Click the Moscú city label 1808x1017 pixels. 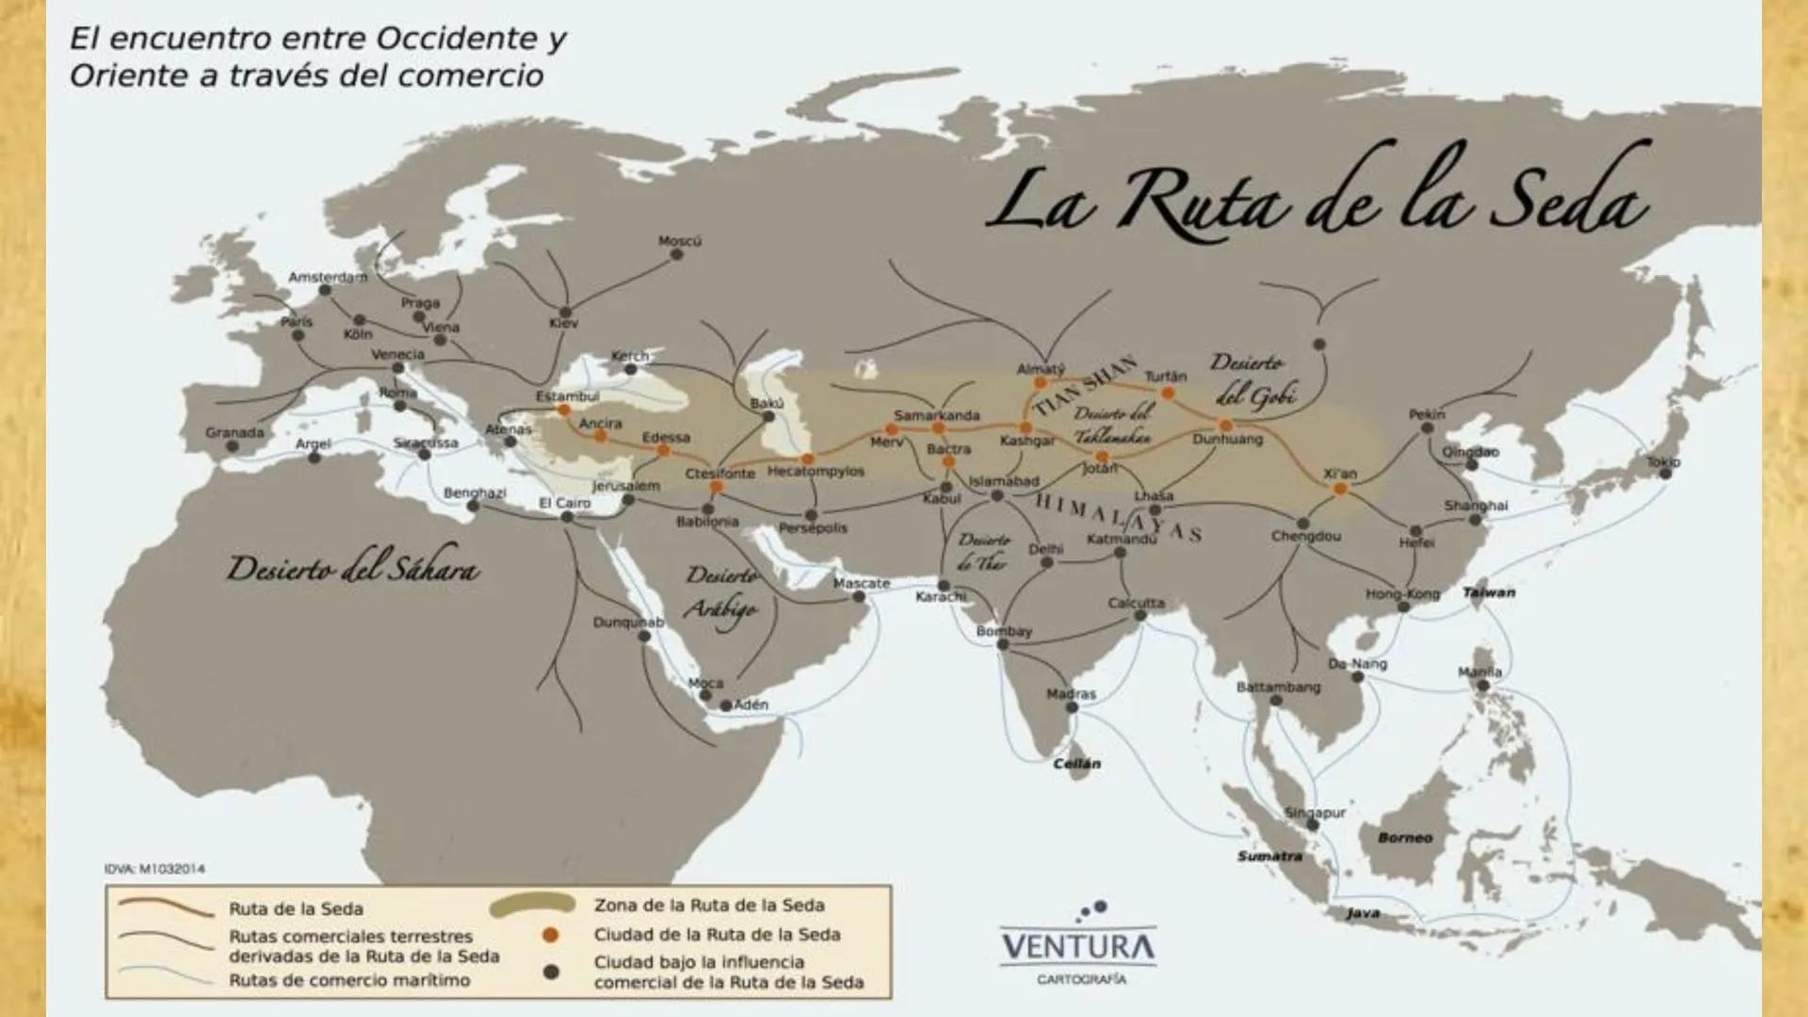pos(679,241)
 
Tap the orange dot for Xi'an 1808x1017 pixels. pos(1340,489)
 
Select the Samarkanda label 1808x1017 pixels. pos(936,414)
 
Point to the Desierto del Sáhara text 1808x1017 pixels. pos(352,568)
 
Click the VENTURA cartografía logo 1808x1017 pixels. pos(1079,944)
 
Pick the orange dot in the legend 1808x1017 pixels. pos(551,935)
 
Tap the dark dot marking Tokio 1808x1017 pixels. pos(1665,474)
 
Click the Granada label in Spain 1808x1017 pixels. pos(234,432)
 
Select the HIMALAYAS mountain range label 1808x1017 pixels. pos(1118,517)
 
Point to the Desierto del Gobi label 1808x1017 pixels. pos(1252,379)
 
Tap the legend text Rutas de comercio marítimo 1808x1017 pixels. pos(349,980)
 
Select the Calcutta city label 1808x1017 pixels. pos(1136,602)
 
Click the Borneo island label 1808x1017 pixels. pos(1404,837)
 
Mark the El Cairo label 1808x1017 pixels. pos(564,503)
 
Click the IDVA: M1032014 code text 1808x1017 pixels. pos(154,868)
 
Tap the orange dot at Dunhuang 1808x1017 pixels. pos(1226,426)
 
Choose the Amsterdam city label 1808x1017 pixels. pos(328,277)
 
